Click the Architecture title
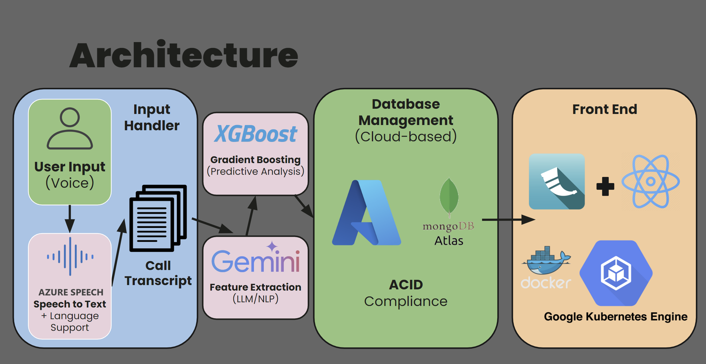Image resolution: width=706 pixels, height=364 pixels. click(x=184, y=55)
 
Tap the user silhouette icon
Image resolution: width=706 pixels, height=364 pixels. click(x=70, y=128)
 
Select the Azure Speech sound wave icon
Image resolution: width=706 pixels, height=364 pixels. click(x=70, y=256)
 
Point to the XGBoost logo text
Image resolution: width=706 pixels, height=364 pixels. click(x=255, y=134)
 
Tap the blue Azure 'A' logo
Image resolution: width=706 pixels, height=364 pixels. click(x=366, y=213)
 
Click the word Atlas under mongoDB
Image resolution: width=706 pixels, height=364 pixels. click(x=449, y=241)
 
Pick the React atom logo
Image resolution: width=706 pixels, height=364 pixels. click(x=650, y=181)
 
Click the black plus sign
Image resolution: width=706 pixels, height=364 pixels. click(x=605, y=186)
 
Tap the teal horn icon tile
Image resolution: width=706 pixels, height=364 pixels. click(x=556, y=182)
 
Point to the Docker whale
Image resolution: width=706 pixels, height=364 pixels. click(x=546, y=261)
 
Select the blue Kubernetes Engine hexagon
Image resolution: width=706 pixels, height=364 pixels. click(x=616, y=273)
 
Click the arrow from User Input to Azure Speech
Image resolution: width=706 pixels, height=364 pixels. click(x=70, y=218)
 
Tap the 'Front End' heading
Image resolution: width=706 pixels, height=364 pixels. click(x=604, y=109)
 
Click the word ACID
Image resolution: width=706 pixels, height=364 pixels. click(x=406, y=285)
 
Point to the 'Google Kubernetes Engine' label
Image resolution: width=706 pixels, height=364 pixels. click(x=615, y=316)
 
